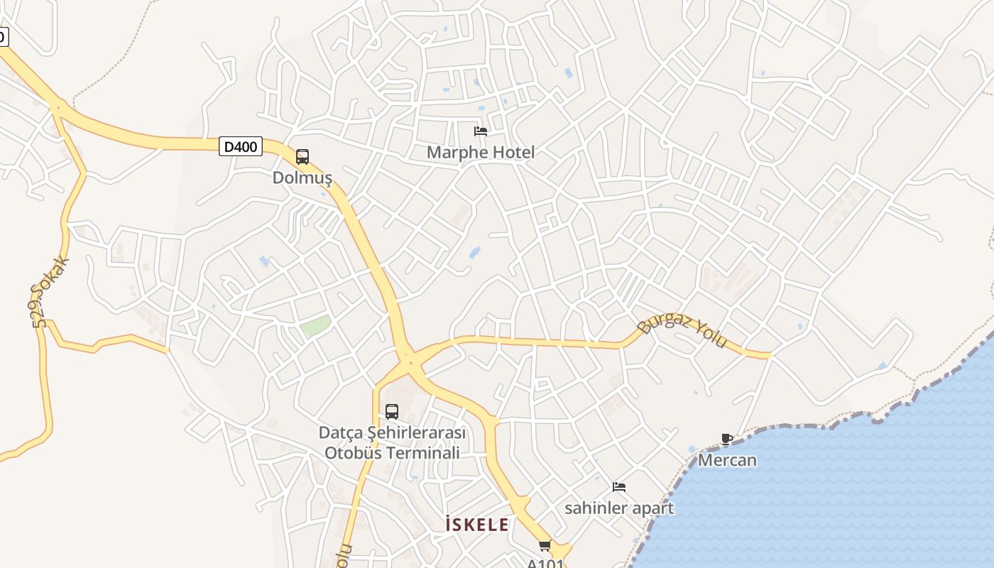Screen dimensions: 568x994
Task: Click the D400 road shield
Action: (x=241, y=147)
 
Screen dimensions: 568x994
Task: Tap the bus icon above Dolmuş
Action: (x=302, y=157)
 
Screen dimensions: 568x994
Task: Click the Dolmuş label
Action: (x=302, y=177)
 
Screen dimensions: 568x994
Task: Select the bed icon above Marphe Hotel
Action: (x=481, y=131)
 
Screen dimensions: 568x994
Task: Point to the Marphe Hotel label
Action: (x=481, y=152)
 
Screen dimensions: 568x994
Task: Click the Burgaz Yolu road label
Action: (x=682, y=331)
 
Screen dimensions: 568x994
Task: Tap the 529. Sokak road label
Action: (x=50, y=292)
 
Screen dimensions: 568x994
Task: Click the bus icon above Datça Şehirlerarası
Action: (x=392, y=411)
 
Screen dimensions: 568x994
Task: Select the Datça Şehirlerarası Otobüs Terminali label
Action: (x=392, y=442)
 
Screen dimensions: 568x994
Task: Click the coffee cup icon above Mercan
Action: (x=726, y=439)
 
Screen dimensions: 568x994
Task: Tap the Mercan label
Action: (x=727, y=460)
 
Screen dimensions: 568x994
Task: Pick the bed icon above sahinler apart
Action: (x=619, y=487)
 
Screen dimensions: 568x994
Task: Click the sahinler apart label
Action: (x=619, y=508)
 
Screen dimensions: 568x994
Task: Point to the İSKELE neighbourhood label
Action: (x=476, y=525)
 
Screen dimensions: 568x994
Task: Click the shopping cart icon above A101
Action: (x=545, y=545)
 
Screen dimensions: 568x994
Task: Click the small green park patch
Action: (x=315, y=327)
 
